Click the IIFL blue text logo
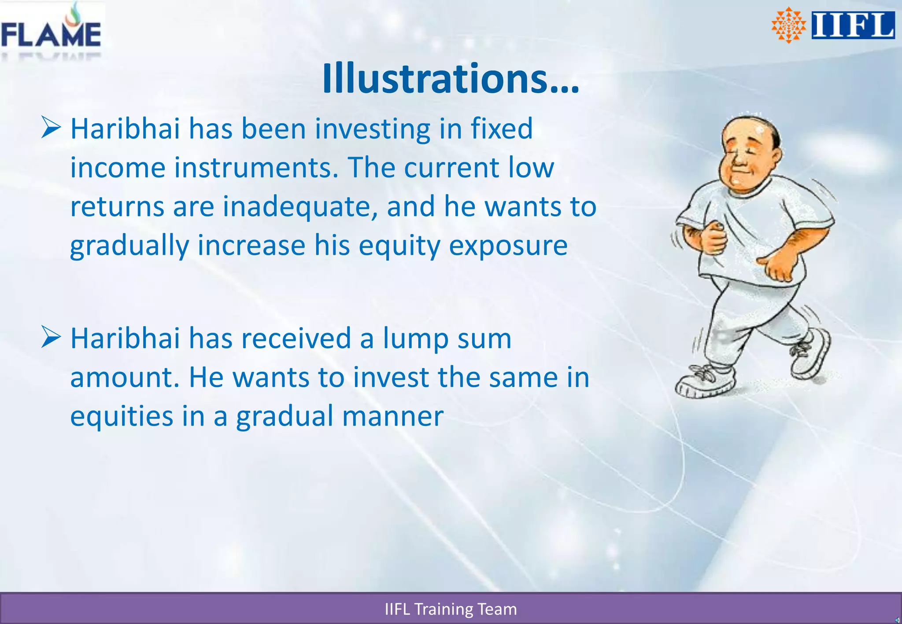(x=853, y=26)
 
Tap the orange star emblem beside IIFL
(x=788, y=26)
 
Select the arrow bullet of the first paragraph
(x=51, y=128)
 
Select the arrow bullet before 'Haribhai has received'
(x=51, y=337)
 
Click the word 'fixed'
(x=502, y=129)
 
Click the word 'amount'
(x=124, y=378)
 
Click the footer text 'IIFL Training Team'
(x=451, y=609)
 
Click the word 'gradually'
(x=129, y=246)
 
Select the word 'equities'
(x=122, y=416)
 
